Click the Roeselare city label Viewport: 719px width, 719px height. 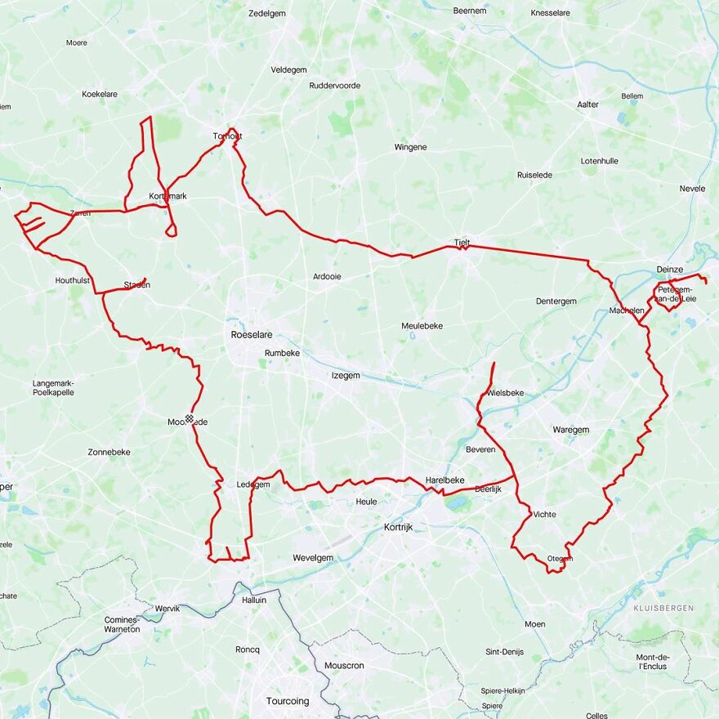251,335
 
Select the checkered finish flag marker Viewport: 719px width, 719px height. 190,419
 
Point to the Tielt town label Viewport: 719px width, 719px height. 462,243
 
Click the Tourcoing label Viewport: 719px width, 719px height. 288,701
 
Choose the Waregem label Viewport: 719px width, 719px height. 570,430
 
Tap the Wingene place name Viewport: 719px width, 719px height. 410,147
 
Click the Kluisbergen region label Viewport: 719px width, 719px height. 663,609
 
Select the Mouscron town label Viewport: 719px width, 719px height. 344,665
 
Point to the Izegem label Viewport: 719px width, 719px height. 345,375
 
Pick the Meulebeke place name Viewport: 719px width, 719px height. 422,325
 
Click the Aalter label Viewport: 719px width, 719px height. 587,105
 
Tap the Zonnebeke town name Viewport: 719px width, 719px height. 109,452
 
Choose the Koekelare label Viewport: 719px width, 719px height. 100,94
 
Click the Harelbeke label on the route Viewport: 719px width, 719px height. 444,480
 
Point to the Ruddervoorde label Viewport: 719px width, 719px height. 334,86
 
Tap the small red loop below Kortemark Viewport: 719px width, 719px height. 171,230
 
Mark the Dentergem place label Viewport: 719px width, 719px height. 556,301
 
